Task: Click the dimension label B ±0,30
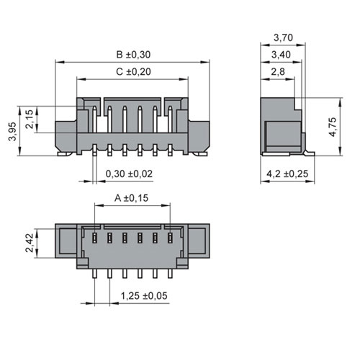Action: (x=133, y=55)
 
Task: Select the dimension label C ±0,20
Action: (x=133, y=72)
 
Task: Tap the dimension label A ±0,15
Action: (x=132, y=198)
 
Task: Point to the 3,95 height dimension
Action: (x=12, y=131)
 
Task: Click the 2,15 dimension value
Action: (x=30, y=120)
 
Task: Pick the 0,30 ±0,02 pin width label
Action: (x=129, y=174)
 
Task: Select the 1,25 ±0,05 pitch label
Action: (x=144, y=296)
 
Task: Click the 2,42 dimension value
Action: (x=30, y=243)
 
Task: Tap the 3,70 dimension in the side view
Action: (x=283, y=37)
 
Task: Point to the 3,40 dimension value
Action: (x=281, y=55)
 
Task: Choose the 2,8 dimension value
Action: (x=278, y=72)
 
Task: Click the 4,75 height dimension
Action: (x=333, y=127)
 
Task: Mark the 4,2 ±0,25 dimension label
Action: (x=287, y=174)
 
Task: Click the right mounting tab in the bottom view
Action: (x=199, y=241)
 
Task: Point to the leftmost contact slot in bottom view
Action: (x=94, y=238)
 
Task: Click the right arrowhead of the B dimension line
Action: (x=204, y=62)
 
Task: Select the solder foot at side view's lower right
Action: (x=309, y=153)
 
